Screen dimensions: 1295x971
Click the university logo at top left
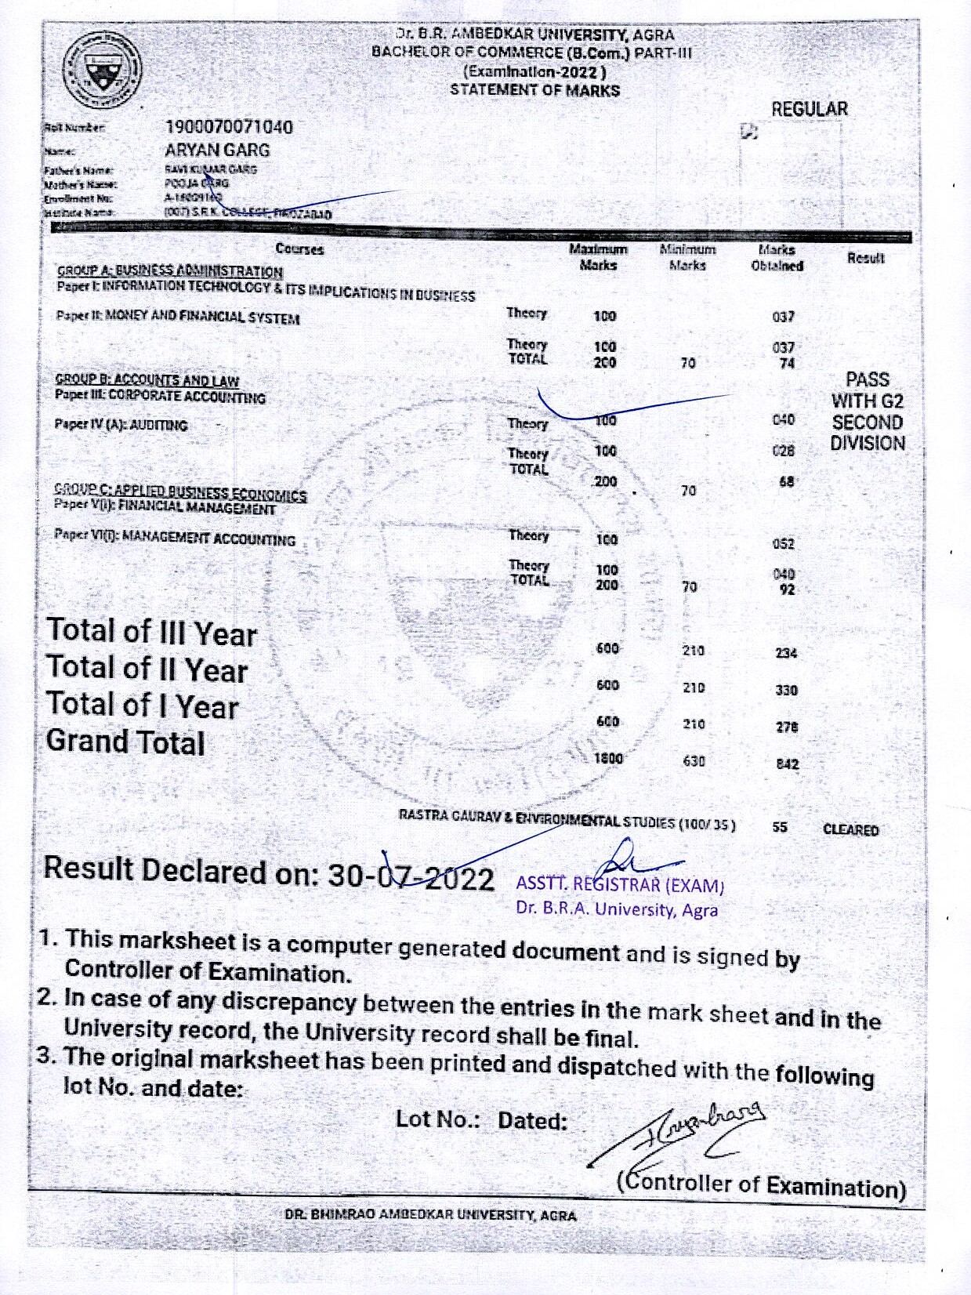click(x=102, y=72)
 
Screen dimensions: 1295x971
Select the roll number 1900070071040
click(x=229, y=127)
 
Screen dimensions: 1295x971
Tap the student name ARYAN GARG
click(x=217, y=150)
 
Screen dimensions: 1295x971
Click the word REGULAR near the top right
click(x=810, y=110)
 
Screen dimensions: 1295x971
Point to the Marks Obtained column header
click(x=777, y=258)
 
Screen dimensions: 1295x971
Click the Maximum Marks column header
click(x=598, y=257)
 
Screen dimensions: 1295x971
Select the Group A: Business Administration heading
click(x=169, y=271)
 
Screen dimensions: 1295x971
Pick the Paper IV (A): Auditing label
click(x=121, y=425)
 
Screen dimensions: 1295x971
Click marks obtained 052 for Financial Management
click(x=783, y=544)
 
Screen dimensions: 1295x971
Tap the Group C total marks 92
click(x=787, y=589)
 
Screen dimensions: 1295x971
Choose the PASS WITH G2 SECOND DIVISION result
click(x=868, y=412)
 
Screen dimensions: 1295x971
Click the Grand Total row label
click(x=125, y=742)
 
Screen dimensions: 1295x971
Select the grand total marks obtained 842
click(x=787, y=764)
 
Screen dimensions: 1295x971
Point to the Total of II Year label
click(x=147, y=669)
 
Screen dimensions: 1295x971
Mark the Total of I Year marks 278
click(x=787, y=727)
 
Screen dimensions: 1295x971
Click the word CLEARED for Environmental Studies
click(x=850, y=830)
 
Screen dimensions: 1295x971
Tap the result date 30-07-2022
click(x=411, y=877)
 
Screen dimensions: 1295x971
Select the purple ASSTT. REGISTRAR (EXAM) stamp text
click(x=619, y=886)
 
